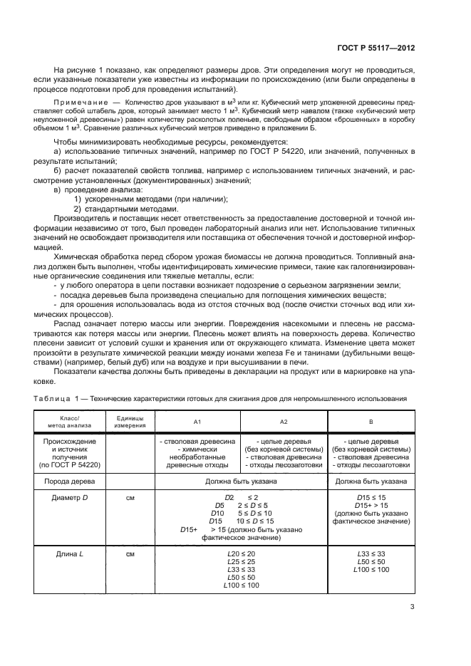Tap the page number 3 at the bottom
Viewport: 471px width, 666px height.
(413, 607)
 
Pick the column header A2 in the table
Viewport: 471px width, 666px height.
(284, 422)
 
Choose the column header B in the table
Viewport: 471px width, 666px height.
(371, 422)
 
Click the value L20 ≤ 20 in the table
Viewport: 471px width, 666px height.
(240, 553)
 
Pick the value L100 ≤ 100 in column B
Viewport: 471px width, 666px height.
(371, 569)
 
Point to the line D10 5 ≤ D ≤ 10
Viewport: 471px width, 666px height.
(240, 513)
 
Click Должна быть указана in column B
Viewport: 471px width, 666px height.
(371, 481)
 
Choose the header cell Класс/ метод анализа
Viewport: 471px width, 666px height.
(69, 422)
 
